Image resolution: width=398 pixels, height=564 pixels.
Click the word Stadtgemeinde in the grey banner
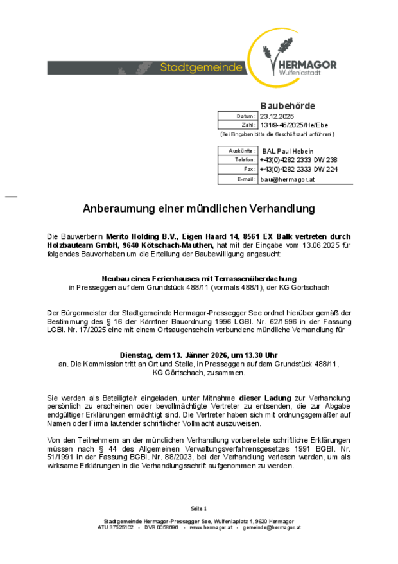point(201,67)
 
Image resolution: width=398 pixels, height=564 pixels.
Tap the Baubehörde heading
point(287,105)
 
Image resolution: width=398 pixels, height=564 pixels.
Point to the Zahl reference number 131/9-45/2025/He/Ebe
point(294,125)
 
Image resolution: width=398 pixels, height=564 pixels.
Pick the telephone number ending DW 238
point(298,159)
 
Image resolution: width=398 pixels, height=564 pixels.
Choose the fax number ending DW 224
point(298,169)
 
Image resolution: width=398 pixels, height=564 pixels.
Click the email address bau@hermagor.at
point(287,179)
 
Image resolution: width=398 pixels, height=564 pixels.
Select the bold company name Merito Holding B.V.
point(135,236)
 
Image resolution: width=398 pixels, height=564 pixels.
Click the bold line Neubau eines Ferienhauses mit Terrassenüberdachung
point(199,278)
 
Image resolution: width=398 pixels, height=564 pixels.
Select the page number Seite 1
point(198,508)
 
